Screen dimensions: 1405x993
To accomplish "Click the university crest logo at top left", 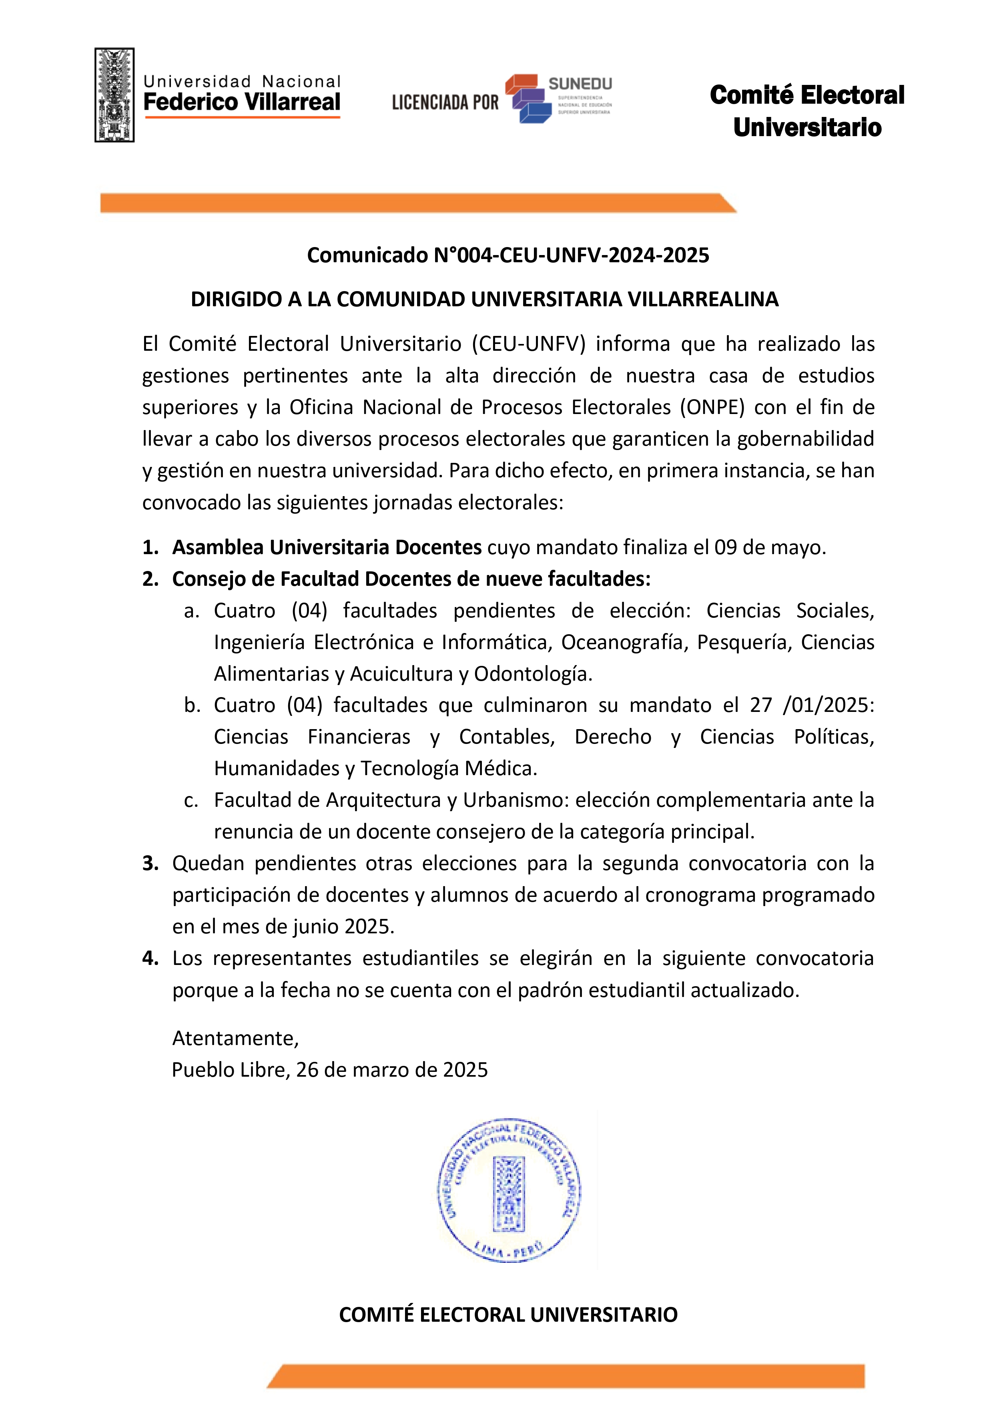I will [114, 95].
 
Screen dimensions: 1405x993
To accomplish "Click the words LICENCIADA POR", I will [445, 102].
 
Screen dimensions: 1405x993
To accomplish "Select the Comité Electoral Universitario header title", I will [807, 111].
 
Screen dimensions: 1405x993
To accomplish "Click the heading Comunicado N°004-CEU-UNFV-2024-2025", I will [508, 255].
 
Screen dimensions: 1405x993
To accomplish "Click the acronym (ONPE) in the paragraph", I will [712, 407].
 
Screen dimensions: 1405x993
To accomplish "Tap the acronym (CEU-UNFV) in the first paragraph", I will [529, 344].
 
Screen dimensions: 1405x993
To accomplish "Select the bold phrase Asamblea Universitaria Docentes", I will [327, 547].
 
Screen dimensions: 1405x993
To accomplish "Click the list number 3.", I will [150, 863].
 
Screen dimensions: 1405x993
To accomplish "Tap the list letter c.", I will [191, 800].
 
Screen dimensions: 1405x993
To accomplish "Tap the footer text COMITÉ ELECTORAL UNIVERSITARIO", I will [508, 1315].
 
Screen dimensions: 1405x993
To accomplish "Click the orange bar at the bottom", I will [566, 1376].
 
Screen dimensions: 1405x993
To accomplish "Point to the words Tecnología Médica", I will [449, 768].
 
